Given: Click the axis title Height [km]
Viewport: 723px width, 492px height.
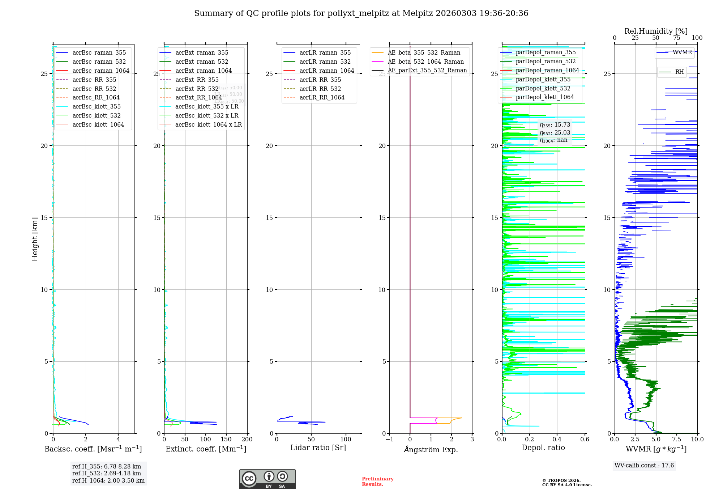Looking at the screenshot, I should click(x=35, y=239).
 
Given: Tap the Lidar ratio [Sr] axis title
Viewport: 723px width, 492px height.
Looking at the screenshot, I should click(x=318, y=448).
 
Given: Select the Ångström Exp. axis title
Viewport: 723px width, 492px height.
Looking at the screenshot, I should click(x=431, y=449).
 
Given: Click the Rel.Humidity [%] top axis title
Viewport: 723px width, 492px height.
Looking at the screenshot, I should click(x=656, y=31).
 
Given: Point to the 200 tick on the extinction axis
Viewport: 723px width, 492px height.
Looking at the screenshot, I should click(x=247, y=440).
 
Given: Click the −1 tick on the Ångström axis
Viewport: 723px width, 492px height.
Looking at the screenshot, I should click(x=389, y=440).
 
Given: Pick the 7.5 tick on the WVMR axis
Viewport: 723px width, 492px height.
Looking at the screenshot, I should click(x=676, y=440).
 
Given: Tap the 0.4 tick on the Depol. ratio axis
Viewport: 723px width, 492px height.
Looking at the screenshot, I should click(x=557, y=440).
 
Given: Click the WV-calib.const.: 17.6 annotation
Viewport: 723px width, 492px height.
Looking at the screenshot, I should click(x=644, y=466).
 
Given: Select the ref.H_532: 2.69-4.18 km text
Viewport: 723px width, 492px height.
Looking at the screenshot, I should click(x=107, y=474).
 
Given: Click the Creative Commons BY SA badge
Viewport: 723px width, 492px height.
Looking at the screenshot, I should click(x=267, y=479).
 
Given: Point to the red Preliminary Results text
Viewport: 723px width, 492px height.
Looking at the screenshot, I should click(x=377, y=482).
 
